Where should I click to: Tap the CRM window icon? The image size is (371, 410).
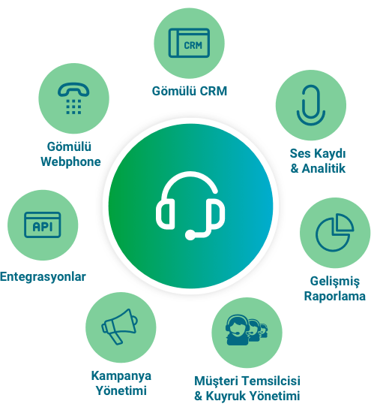tap(189, 43)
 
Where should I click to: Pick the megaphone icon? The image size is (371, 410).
tap(119, 327)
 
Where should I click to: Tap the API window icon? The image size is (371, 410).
tap(43, 225)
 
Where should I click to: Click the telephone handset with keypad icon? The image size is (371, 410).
tap(73, 98)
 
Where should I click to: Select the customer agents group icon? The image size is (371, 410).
tap(247, 330)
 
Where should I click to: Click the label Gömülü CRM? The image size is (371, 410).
tap(190, 92)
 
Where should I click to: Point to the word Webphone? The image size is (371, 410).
tap(70, 161)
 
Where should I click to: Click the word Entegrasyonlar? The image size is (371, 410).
tap(43, 276)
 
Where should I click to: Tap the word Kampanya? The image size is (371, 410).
tap(121, 376)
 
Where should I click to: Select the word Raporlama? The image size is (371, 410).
tap(335, 297)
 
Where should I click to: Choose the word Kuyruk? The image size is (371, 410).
tap(226, 396)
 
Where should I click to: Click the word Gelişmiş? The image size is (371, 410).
tap(335, 282)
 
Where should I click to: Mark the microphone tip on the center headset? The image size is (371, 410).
tap(190, 235)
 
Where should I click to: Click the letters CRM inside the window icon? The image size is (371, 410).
tap(193, 45)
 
